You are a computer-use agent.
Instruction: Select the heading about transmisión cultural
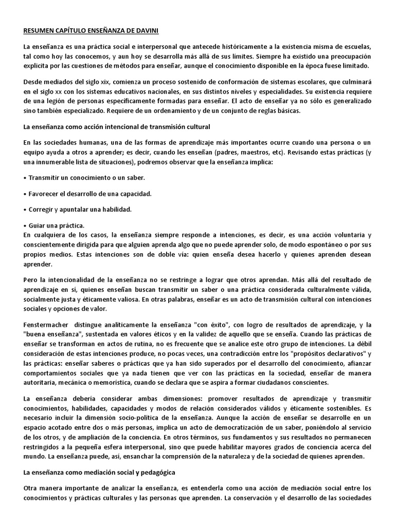click(x=117, y=126)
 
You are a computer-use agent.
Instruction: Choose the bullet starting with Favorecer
click(x=87, y=194)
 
